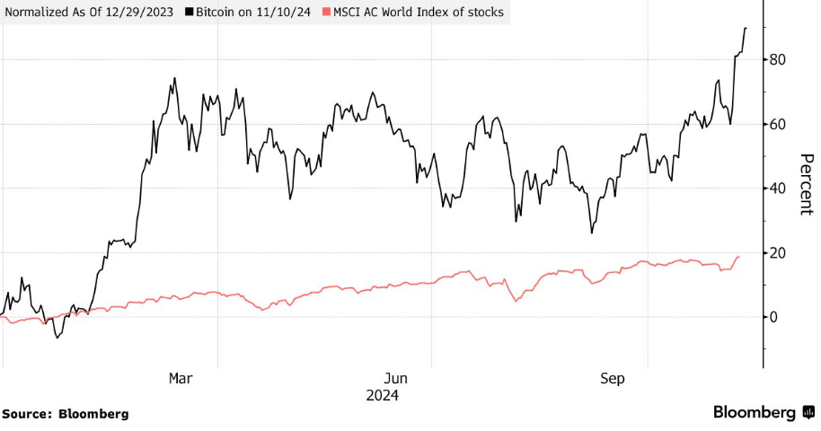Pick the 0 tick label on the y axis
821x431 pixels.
click(772, 317)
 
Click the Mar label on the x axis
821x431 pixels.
click(181, 379)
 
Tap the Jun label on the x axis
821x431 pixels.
click(395, 379)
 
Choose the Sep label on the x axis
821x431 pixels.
click(612, 379)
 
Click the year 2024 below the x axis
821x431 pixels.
click(382, 395)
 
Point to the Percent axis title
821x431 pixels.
click(806, 184)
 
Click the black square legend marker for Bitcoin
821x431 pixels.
click(189, 13)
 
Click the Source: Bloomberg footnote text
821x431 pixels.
click(65, 414)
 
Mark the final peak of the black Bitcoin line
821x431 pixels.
click(746, 28)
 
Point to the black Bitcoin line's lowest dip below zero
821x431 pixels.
click(57, 338)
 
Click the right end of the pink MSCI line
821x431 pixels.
click(739, 258)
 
